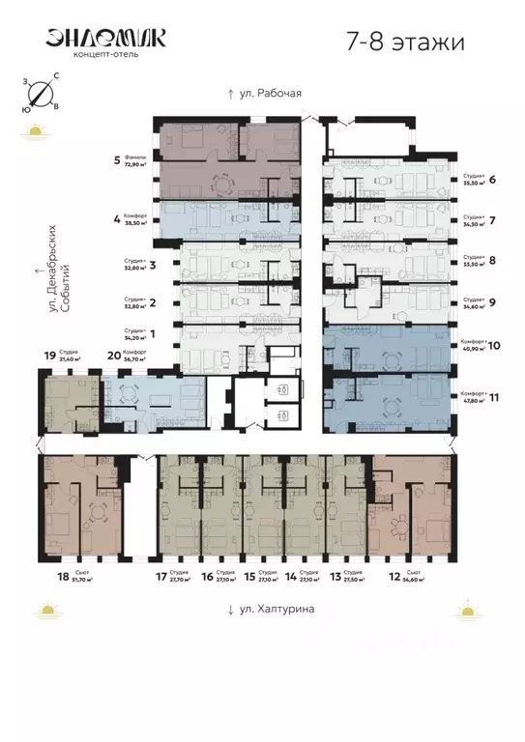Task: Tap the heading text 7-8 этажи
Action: (404, 42)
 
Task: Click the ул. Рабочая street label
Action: (264, 94)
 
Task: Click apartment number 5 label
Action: (116, 159)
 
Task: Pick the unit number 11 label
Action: (493, 395)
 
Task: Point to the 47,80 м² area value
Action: (471, 399)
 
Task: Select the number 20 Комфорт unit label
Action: (113, 356)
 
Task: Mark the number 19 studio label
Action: (51, 355)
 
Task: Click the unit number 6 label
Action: (493, 179)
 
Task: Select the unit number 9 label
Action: (493, 302)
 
